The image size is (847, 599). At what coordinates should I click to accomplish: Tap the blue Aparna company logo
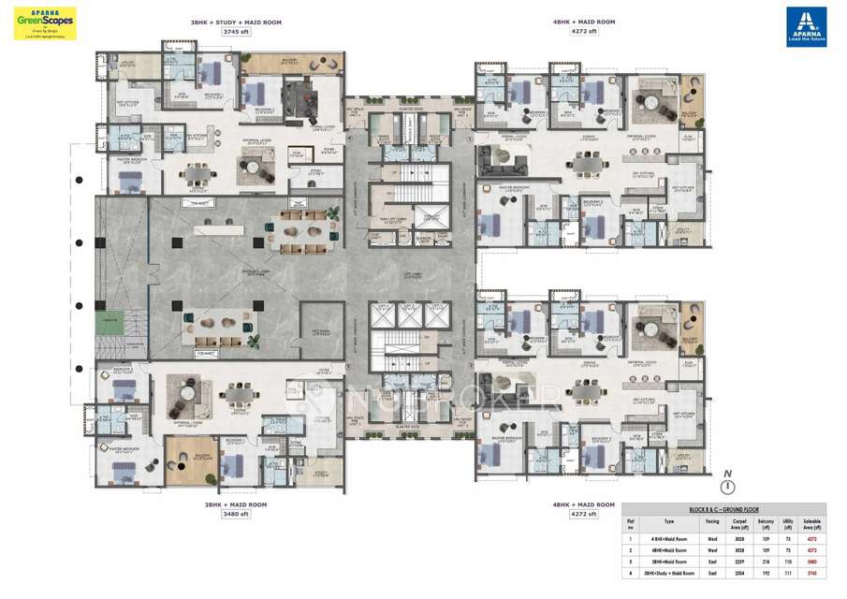tap(806, 26)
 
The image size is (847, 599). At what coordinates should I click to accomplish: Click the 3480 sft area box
tap(235, 514)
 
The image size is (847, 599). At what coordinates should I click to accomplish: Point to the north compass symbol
tap(725, 486)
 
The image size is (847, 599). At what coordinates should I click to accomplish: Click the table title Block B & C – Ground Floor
tap(727, 510)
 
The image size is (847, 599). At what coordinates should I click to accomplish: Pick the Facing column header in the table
tap(711, 522)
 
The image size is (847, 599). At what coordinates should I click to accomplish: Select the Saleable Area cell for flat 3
tap(811, 561)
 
